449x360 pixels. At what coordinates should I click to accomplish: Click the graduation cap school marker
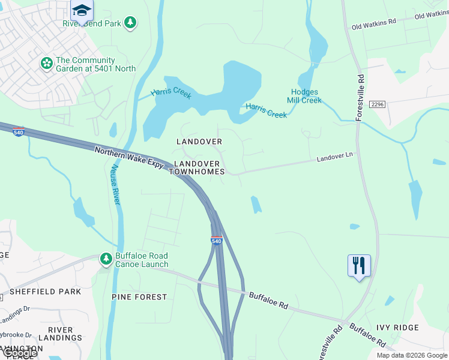click(82, 9)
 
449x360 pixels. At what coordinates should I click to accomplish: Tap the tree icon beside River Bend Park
click(130, 23)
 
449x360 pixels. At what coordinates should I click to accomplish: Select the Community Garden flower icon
click(46, 63)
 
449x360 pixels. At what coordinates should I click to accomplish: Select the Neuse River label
click(113, 184)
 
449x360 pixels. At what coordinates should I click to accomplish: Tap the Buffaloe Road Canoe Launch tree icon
click(106, 259)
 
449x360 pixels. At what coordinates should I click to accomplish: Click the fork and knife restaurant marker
click(359, 265)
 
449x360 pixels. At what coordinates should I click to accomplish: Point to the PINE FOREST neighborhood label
click(139, 297)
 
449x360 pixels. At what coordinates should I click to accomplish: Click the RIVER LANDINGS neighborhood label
click(60, 334)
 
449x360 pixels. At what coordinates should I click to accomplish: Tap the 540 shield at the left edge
click(19, 130)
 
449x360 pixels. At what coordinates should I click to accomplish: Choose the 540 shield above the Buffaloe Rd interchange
click(217, 241)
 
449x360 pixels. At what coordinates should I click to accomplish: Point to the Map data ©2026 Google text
click(411, 355)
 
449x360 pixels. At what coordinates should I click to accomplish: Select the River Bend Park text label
click(92, 23)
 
